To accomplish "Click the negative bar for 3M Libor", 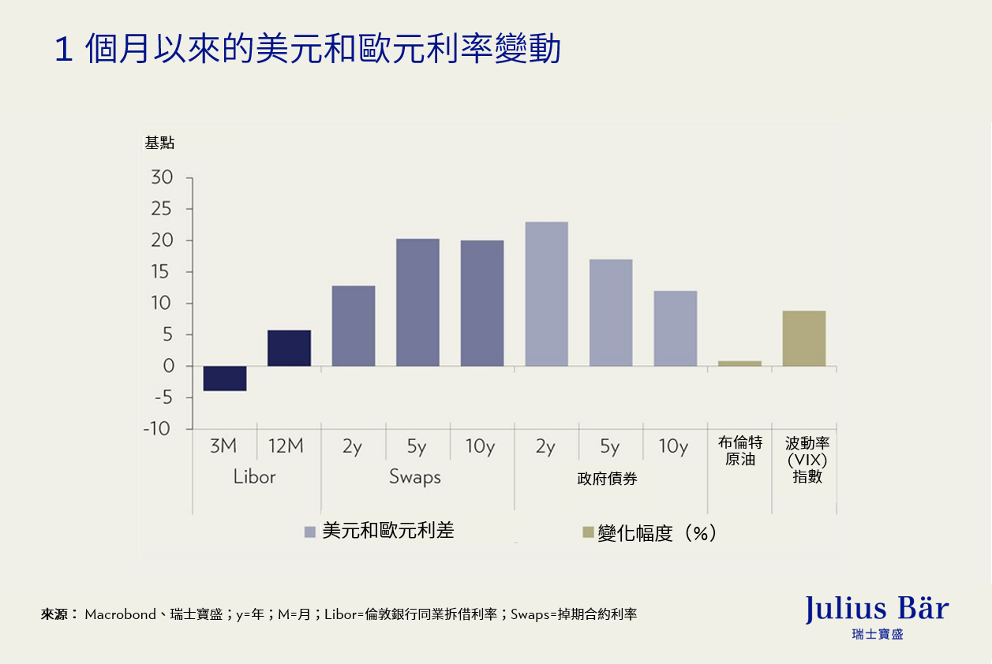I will click(x=225, y=379).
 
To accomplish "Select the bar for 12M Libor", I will click(x=289, y=348).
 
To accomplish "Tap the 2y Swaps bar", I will click(x=354, y=326).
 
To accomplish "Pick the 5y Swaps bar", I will click(x=417, y=302).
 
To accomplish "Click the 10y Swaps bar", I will click(x=482, y=303).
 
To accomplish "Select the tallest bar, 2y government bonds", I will click(x=546, y=293).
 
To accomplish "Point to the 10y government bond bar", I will click(x=675, y=328).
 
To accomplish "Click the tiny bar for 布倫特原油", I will click(x=739, y=364).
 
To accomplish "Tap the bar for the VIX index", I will click(x=804, y=338).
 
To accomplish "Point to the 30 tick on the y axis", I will click(x=161, y=178).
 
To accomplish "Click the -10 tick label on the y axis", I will click(x=156, y=429).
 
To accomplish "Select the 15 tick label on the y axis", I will click(x=162, y=272).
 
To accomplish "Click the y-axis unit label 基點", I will click(x=159, y=144).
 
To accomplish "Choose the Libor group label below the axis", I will click(x=254, y=477).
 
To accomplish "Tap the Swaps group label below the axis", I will click(x=415, y=477).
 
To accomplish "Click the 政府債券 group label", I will click(x=608, y=479).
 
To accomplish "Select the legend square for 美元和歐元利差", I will click(x=310, y=533).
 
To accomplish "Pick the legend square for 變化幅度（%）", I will click(x=588, y=533).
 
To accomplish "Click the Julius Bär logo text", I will click(x=877, y=609).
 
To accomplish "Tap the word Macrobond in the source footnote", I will click(x=120, y=614).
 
